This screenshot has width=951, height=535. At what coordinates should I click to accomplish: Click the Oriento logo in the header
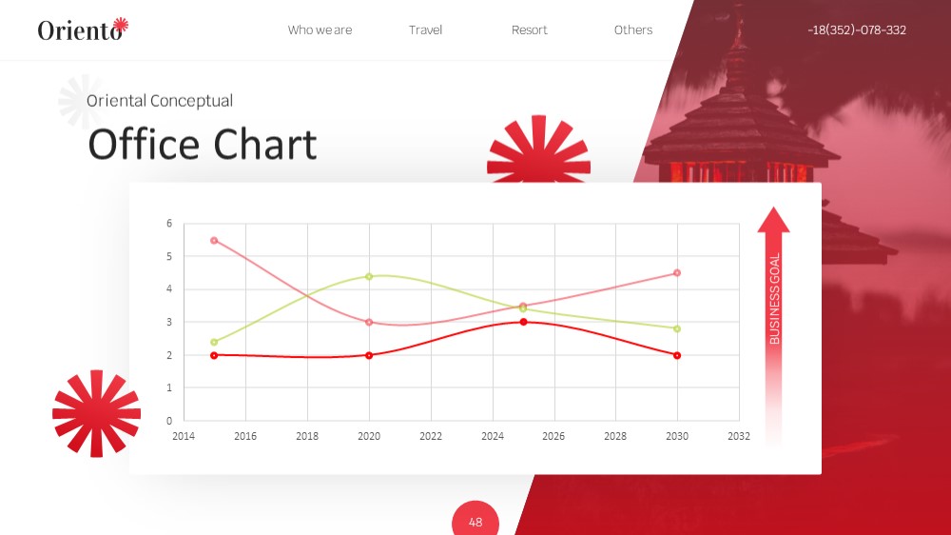(x=83, y=30)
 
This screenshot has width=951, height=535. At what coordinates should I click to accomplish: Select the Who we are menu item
(x=320, y=30)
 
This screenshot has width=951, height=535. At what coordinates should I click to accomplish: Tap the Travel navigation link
(x=425, y=30)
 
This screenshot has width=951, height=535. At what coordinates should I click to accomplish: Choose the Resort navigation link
(x=529, y=30)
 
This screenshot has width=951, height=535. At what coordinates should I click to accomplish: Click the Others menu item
(x=633, y=30)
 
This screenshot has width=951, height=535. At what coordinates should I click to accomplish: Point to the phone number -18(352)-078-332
(x=857, y=30)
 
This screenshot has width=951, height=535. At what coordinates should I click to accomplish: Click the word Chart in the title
(x=264, y=145)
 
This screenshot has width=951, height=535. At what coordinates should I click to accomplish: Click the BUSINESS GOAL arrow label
(x=774, y=298)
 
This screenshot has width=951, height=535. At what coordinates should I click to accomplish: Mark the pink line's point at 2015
(x=214, y=241)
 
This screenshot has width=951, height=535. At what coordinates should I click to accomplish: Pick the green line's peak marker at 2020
(x=369, y=276)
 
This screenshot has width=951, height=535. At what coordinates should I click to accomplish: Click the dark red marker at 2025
(x=523, y=322)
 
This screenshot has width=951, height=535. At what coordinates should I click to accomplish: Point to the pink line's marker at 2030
(x=677, y=272)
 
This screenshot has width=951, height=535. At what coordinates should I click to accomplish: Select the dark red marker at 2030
(x=677, y=355)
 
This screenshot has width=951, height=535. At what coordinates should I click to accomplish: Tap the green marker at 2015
(x=214, y=342)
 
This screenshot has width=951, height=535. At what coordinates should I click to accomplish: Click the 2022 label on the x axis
(x=431, y=436)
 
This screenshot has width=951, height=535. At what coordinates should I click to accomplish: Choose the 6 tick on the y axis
(x=169, y=224)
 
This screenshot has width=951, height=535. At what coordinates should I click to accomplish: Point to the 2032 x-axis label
(x=739, y=436)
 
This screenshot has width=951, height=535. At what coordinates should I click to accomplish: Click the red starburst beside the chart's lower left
(x=96, y=413)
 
